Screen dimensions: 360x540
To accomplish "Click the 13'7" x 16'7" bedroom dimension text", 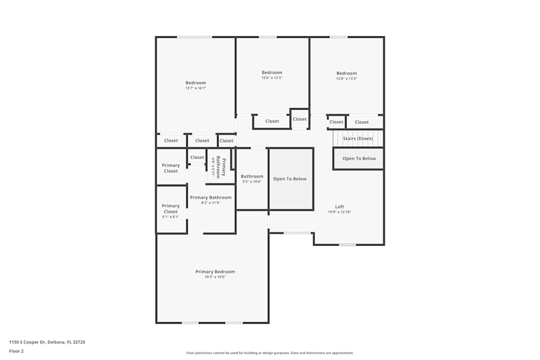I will point(195,88).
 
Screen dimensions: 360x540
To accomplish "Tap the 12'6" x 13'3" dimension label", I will point(272,78).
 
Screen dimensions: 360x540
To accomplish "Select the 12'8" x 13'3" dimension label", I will point(347,79).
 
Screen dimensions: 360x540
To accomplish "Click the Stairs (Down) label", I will point(357,139).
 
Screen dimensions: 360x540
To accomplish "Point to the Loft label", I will point(339,207).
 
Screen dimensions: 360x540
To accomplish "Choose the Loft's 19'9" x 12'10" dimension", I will point(339,212).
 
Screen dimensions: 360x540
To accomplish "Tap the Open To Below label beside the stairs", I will point(359,159).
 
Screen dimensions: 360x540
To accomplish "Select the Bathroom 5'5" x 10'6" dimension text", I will point(252,182).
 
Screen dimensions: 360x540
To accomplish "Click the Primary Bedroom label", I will point(215,271).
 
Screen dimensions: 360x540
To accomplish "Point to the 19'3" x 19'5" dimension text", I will point(215,277).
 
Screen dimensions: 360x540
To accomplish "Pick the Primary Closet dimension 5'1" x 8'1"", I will point(171,217).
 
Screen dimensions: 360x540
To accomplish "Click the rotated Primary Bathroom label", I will point(221,167).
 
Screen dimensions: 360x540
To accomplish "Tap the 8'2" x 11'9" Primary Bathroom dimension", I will point(211,203).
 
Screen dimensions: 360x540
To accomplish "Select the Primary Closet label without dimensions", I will point(171,168).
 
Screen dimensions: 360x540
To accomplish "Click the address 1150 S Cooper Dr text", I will point(47,342).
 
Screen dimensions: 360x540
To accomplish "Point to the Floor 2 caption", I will point(16,351).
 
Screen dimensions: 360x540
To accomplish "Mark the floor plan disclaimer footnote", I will point(269,353).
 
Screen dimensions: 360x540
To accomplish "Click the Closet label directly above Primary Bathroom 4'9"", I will point(197,158).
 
